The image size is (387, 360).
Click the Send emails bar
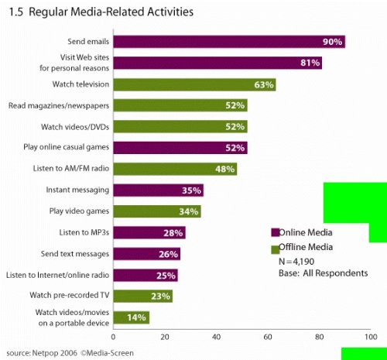[228, 42]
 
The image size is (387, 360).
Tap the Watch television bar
[194, 84]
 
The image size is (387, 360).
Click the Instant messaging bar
[158, 190]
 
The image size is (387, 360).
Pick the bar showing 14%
[131, 317]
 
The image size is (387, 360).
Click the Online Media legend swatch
[274, 232]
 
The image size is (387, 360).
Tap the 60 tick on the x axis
[268, 337]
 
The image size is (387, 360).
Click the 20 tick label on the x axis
[165, 337]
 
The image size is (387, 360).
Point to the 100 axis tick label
[371, 337]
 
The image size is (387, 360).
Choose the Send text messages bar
[146, 253]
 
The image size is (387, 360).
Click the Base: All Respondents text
[323, 273]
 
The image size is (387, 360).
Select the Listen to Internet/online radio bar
[146, 274]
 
